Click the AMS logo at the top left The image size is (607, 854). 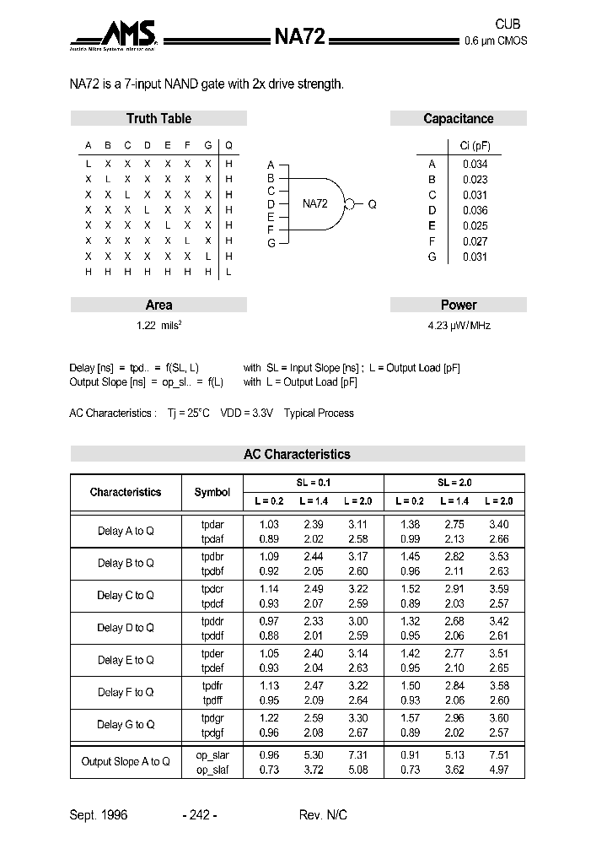click(115, 36)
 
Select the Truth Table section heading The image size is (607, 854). click(158, 119)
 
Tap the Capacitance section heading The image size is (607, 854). click(458, 119)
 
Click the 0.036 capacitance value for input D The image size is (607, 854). click(475, 210)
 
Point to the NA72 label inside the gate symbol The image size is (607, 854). click(315, 203)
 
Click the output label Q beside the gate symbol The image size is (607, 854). click(372, 204)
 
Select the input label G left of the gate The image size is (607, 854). click(271, 243)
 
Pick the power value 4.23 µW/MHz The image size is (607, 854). click(459, 325)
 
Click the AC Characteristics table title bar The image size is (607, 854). click(297, 454)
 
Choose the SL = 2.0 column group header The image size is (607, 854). click(454, 483)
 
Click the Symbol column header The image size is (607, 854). click(212, 492)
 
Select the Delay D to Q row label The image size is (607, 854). click(126, 628)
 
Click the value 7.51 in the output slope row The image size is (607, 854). click(499, 754)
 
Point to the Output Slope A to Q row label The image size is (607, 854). click(126, 761)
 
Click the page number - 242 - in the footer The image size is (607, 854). click(200, 815)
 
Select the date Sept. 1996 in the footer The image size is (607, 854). click(98, 815)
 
